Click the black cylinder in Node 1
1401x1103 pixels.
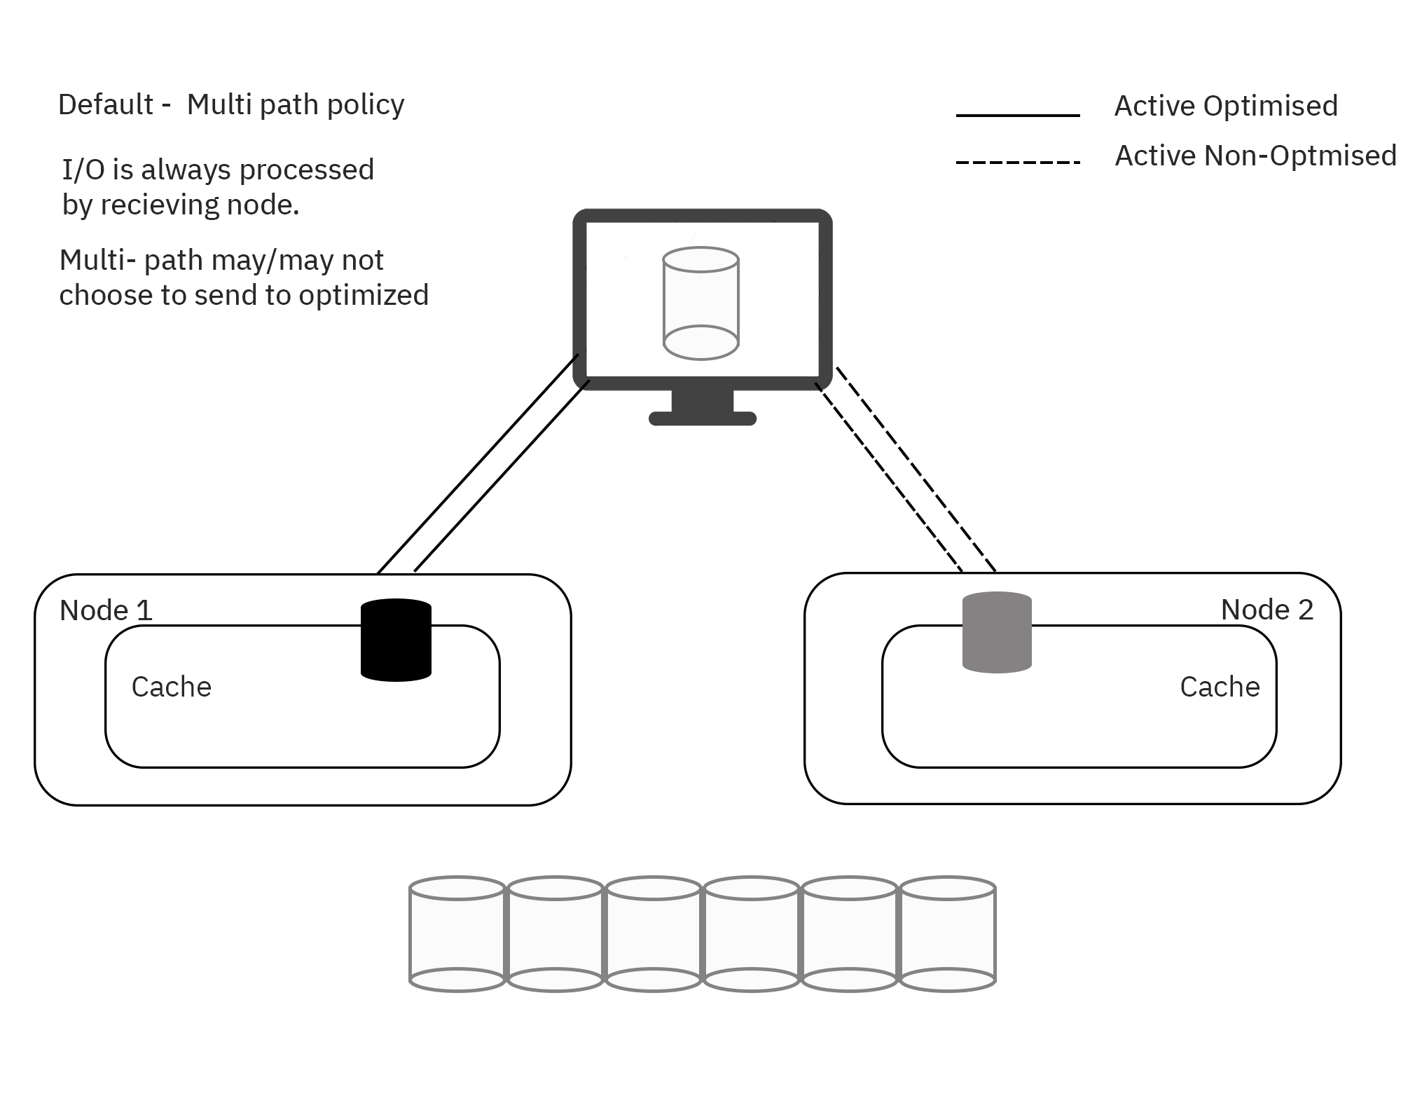point(396,640)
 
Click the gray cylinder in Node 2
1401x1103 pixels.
point(997,633)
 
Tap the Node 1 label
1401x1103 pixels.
point(106,610)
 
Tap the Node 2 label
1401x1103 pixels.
point(1267,610)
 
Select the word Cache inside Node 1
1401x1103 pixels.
point(171,687)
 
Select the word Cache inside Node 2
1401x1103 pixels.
point(1220,687)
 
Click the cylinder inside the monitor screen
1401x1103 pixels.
point(700,303)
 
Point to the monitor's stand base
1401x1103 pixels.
point(702,418)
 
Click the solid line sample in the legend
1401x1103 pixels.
point(1017,116)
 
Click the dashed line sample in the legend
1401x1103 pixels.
point(1017,163)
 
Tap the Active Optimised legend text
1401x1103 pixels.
point(1225,106)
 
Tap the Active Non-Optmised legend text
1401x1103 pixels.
point(1255,156)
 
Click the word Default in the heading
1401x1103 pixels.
point(105,104)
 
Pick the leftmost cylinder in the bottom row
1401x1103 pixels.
point(457,933)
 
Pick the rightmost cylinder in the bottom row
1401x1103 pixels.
point(947,933)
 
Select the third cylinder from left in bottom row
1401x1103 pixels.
point(653,933)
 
